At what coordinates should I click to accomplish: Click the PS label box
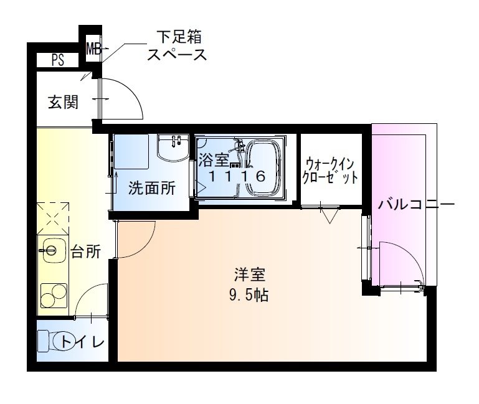[58, 60]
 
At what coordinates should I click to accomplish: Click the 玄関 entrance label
[64, 102]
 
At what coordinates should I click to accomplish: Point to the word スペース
[176, 55]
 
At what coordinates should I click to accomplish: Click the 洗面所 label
[151, 188]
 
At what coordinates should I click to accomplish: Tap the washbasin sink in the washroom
[173, 148]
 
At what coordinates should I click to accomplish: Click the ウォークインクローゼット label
[330, 170]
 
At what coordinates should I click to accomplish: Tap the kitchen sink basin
[50, 251]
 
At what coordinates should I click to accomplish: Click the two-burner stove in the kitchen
[54, 294]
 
